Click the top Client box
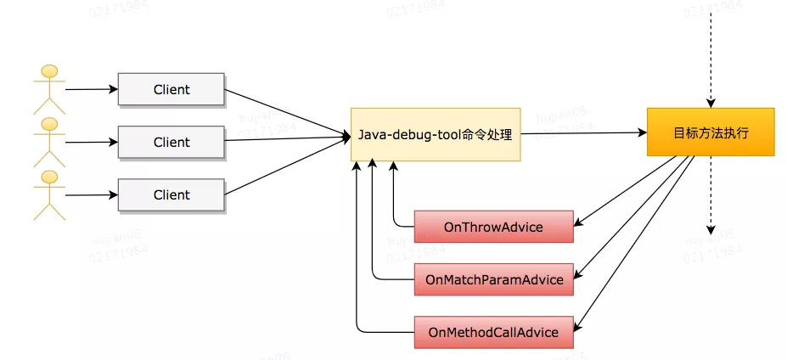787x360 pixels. [171, 89]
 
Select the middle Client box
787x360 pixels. [171, 142]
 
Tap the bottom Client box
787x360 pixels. [171, 194]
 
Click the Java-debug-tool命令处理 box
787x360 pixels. [435, 134]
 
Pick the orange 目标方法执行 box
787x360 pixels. [711, 132]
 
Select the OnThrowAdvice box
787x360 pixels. [492, 227]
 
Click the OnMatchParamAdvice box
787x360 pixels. [493, 279]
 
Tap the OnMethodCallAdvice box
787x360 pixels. [493, 332]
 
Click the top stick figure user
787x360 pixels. [49, 88]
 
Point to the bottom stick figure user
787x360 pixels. [49, 194]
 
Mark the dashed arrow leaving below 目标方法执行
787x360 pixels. [711, 195]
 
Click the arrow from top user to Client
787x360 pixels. [92, 88]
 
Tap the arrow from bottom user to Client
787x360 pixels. [92, 194]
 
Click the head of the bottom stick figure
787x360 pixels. [49, 177]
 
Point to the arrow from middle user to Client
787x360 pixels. [92, 142]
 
